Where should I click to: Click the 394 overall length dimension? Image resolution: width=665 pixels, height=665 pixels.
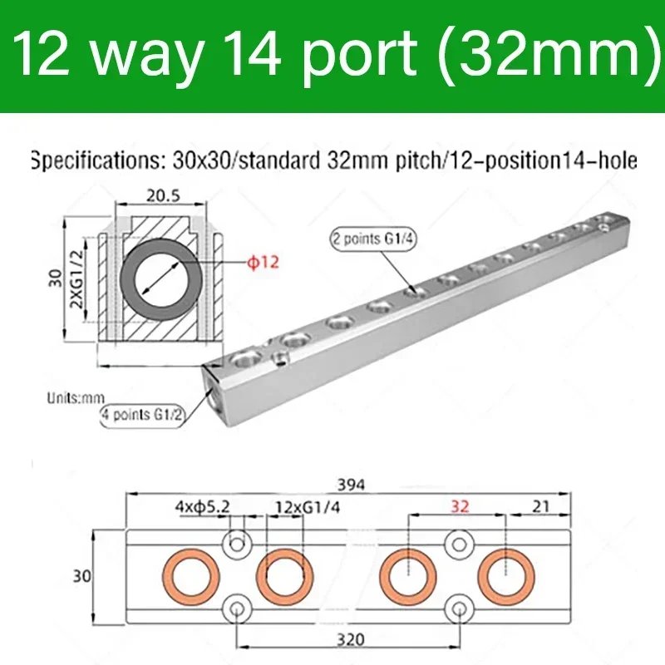(x=346, y=484)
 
